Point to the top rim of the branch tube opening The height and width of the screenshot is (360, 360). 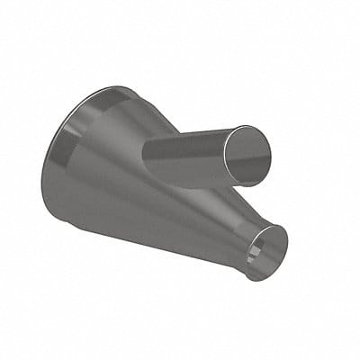coord(245,128)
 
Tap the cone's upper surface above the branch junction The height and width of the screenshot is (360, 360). coord(144,117)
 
